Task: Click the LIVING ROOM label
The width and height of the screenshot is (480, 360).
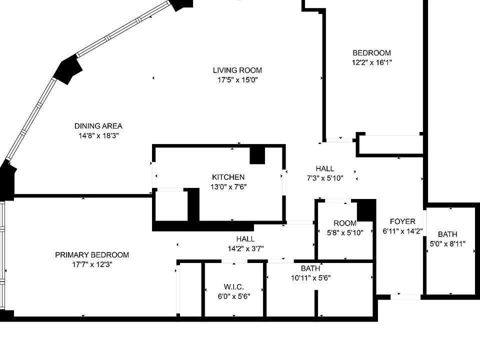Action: coord(237,70)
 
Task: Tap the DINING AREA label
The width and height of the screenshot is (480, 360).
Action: coord(98,126)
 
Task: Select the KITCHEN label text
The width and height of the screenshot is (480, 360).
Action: coord(228,177)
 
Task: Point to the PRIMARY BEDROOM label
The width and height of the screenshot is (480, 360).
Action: coord(91,255)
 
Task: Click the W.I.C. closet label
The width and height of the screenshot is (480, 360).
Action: coord(233,286)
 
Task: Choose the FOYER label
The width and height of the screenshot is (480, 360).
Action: coord(402,221)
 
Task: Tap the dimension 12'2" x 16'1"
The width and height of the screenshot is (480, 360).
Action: coord(371,62)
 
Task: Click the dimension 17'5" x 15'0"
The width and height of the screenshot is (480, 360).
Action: coord(237,80)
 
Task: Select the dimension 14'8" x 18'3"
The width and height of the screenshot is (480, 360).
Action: coord(98,135)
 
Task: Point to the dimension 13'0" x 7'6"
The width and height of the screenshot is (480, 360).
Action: coord(228,186)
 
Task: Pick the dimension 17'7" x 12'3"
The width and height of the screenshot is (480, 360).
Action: coord(91,264)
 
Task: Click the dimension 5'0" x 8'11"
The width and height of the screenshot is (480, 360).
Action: coord(447,244)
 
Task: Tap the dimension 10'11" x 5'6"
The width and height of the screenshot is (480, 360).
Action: coord(310,278)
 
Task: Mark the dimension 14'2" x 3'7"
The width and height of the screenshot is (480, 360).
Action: coord(245,248)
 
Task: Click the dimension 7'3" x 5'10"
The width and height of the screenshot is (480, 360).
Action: coord(325,178)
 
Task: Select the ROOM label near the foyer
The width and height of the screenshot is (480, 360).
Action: coord(345,223)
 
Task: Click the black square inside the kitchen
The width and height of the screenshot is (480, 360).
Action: coord(257,155)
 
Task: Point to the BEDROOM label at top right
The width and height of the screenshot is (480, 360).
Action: coord(371,53)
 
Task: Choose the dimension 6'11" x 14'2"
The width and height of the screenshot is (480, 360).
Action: coord(402,231)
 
